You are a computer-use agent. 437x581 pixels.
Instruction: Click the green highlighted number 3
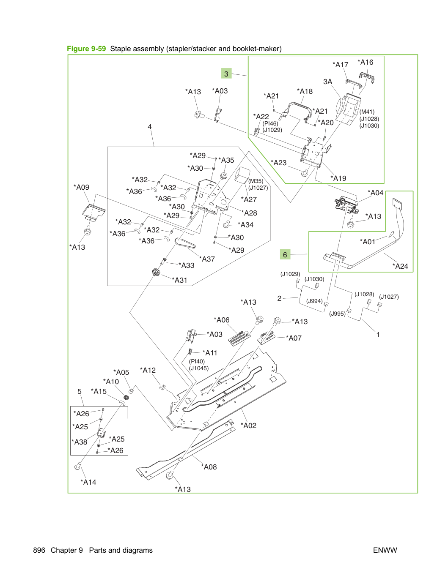[226, 74]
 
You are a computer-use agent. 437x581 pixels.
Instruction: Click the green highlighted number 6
[285, 255]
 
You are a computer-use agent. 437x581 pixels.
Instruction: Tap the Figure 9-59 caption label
[86, 49]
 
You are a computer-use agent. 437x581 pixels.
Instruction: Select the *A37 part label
[207, 259]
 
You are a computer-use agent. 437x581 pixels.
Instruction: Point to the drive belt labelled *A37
[185, 243]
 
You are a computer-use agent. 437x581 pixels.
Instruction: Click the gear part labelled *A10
[126, 397]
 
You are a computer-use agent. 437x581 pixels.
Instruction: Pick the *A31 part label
[179, 280]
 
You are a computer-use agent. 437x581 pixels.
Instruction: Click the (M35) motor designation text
[256, 181]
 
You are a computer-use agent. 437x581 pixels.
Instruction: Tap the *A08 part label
[209, 467]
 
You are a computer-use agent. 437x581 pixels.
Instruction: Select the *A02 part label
[248, 426]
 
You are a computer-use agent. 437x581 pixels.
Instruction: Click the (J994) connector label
[314, 301]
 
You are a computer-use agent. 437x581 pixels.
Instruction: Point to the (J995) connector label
[337, 314]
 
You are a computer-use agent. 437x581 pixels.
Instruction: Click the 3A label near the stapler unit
[328, 82]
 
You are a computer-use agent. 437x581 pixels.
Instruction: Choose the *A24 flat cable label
[400, 266]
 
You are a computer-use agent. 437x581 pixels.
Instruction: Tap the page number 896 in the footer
[39, 550]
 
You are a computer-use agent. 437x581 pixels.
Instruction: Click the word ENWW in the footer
[385, 550]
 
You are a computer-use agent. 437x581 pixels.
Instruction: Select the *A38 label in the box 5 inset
[79, 442]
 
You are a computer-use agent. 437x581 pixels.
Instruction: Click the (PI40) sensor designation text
[197, 361]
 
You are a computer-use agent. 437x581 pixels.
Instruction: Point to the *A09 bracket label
[81, 187]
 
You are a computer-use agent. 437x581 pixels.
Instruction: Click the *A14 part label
[88, 482]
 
